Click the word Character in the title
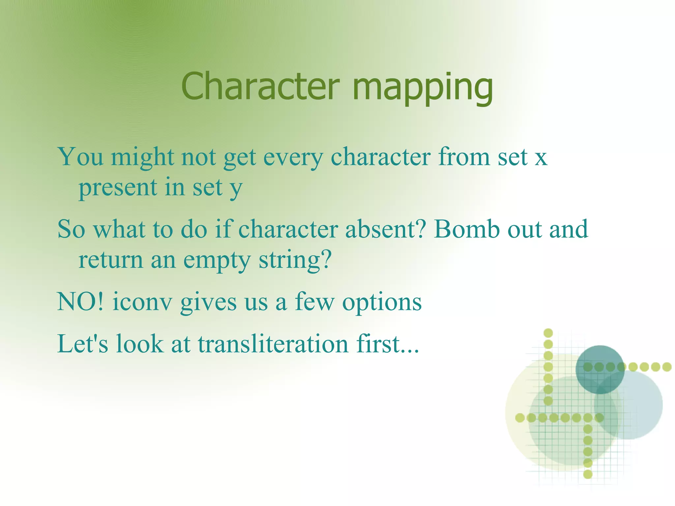click(x=260, y=86)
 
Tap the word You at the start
click(x=80, y=157)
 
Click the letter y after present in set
click(x=236, y=189)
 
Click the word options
click(x=382, y=303)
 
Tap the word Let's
click(x=82, y=343)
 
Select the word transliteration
click(x=273, y=343)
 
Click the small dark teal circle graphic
click(x=600, y=369)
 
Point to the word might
click(x=142, y=158)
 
